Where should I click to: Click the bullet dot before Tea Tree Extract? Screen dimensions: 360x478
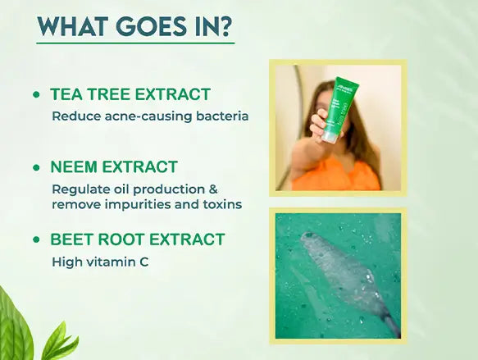pyautogui.click(x=36, y=95)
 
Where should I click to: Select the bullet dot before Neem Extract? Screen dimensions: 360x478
pyautogui.click(x=36, y=168)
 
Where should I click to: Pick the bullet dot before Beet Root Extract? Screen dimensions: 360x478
pyautogui.click(x=36, y=240)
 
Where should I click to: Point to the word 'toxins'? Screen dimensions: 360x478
pyautogui.click(x=221, y=203)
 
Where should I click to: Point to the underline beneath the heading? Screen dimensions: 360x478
pyautogui.click(x=135, y=43)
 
